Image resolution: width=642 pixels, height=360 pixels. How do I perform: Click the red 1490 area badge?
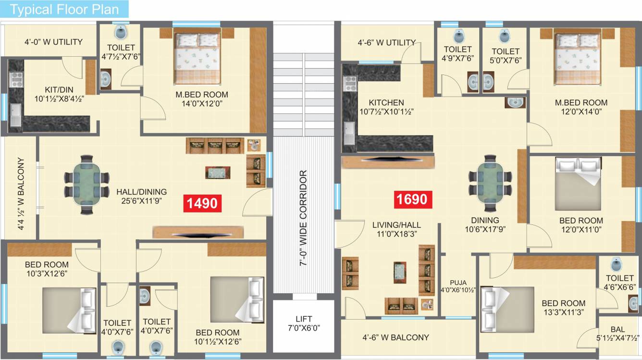[202, 203]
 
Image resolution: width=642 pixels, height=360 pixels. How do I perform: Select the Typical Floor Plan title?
[64, 10]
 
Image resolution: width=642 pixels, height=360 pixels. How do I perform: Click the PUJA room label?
[458, 286]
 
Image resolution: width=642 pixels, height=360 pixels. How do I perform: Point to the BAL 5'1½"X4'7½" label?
[617, 334]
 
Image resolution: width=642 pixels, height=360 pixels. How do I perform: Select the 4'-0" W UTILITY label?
[53, 42]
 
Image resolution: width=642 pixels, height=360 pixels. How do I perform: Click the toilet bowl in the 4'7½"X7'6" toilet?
[120, 34]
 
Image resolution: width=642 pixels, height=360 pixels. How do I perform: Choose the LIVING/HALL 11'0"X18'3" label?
[397, 229]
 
